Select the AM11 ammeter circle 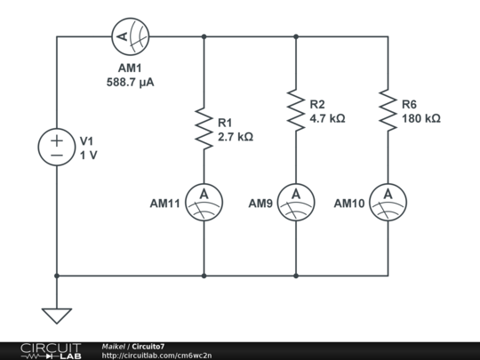click(x=204, y=203)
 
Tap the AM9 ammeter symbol click(x=295, y=203)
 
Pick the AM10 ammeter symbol click(x=388, y=203)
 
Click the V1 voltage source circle click(x=56, y=148)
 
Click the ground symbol click(x=56, y=315)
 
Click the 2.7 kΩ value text click(x=236, y=138)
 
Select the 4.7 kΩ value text click(x=327, y=117)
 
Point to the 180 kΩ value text click(x=421, y=117)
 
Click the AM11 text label click(x=165, y=204)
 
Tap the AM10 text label click(x=349, y=204)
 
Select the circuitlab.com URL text click(x=156, y=356)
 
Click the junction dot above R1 click(x=204, y=37)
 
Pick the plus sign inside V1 click(x=56, y=140)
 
